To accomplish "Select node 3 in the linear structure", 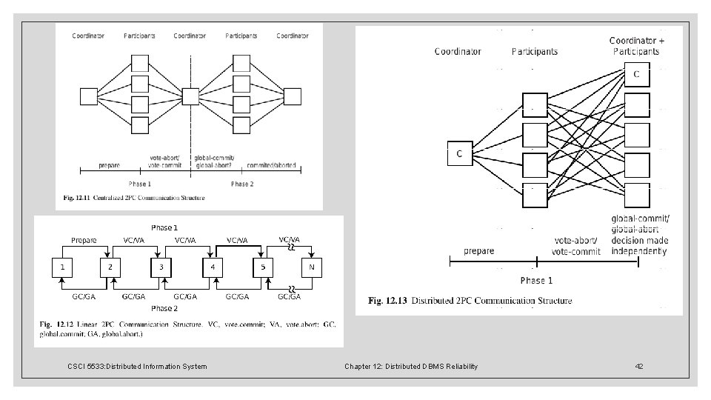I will point(161,266).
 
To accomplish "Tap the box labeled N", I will point(313,266).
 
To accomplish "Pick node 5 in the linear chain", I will point(263,266).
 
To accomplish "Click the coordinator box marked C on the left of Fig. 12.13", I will point(459,153).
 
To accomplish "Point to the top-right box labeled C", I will point(636,75).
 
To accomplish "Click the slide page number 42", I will point(639,366).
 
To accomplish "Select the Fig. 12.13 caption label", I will point(389,301).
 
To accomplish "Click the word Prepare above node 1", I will point(84,239).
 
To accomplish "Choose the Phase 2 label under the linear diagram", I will point(164,307).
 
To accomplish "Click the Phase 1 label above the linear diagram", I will point(164,227).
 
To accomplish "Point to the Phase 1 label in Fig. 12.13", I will point(536,280).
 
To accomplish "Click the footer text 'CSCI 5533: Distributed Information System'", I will point(137,366).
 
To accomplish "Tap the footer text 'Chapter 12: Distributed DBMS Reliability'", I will point(411,366).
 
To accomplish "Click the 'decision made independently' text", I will point(639,245).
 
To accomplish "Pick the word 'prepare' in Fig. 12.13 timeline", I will point(479,250).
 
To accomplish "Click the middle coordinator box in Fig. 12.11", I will point(190,97).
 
